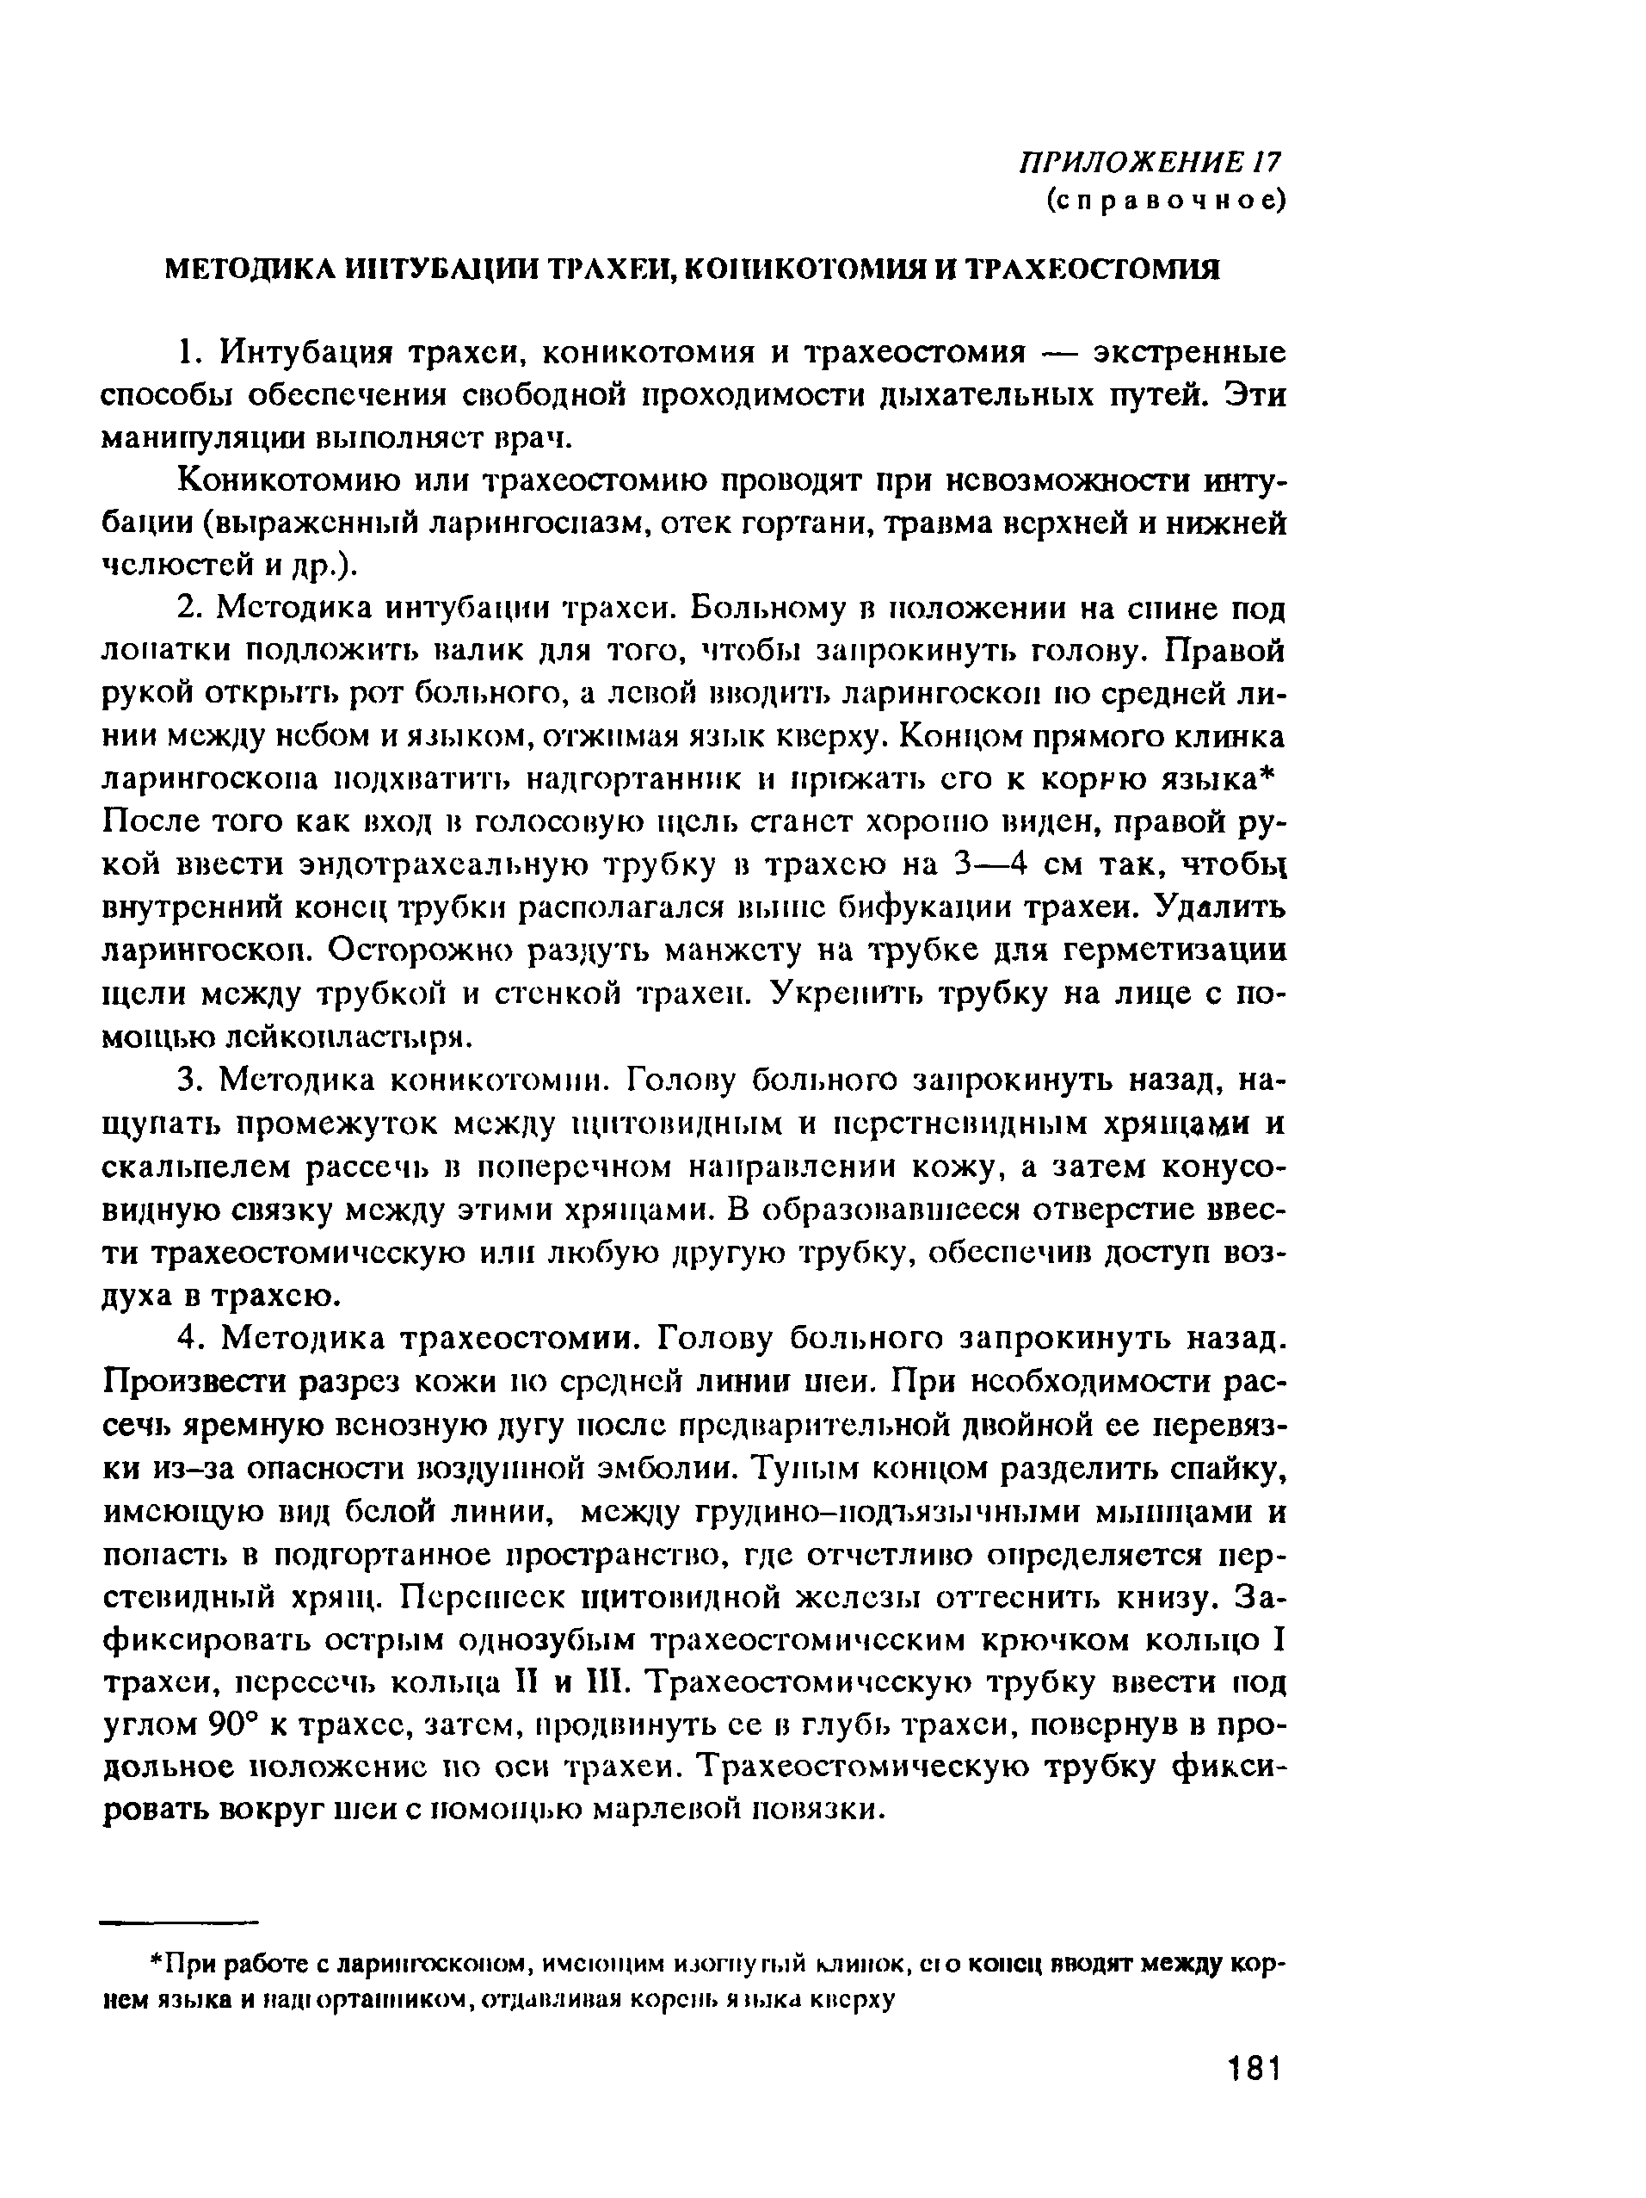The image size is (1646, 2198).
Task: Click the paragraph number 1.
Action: pos(188,354)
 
